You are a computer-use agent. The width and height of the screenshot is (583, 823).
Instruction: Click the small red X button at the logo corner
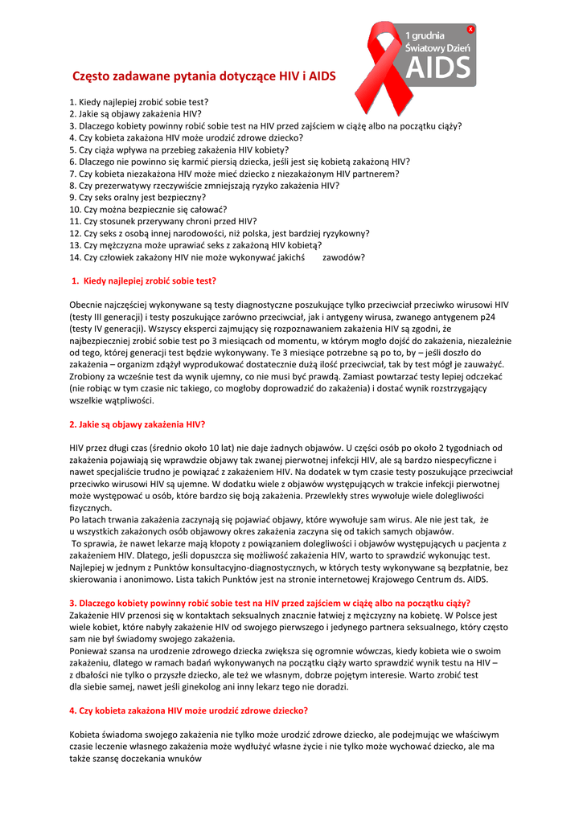[x=470, y=29]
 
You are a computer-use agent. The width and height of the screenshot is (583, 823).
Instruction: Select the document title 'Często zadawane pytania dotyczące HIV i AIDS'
[x=204, y=76]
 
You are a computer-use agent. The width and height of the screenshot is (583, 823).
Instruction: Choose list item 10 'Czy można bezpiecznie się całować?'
[x=148, y=209]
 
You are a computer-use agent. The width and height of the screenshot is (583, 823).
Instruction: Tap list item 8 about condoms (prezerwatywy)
[x=204, y=185]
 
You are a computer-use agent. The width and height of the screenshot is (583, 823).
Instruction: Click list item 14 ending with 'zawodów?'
[x=217, y=257]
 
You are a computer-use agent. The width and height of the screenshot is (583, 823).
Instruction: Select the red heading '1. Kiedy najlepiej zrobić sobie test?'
[x=144, y=280]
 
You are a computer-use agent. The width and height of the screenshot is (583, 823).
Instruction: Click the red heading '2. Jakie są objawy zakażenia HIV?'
[x=138, y=424]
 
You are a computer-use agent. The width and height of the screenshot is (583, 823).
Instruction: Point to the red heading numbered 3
[x=269, y=603]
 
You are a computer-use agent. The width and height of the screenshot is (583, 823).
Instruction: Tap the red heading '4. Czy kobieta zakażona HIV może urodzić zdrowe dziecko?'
[x=189, y=710]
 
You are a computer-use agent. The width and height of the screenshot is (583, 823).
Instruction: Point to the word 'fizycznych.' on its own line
[x=91, y=508]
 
